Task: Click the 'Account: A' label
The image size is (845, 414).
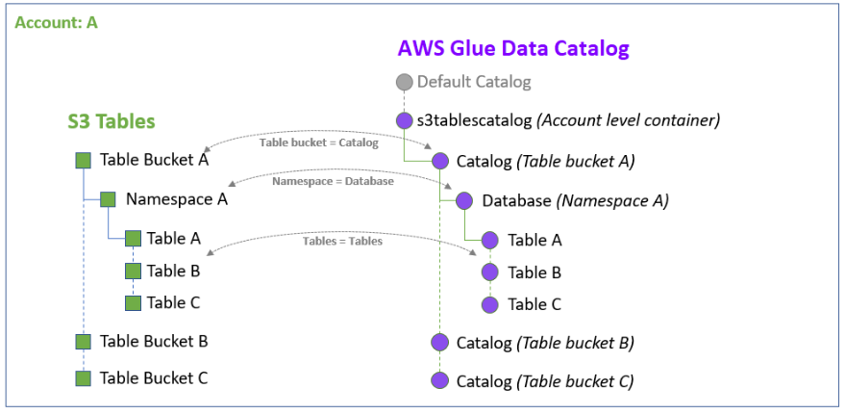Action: [x=57, y=22]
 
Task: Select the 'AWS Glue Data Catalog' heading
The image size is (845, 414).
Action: [x=514, y=48]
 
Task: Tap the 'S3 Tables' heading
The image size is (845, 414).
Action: [x=112, y=121]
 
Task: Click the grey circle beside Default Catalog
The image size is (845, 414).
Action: [x=405, y=83]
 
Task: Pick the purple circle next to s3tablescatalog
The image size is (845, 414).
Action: [x=405, y=121]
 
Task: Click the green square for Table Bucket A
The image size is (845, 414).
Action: [x=84, y=161]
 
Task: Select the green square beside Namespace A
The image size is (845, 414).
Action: [x=108, y=199]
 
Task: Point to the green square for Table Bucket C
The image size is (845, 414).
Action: [x=84, y=378]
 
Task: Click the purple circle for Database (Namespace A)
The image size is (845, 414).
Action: [x=464, y=201]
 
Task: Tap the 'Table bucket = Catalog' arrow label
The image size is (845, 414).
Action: [x=319, y=142]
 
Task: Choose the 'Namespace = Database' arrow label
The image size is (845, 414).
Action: [x=333, y=181]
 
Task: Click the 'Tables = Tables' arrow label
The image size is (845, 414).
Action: [x=342, y=241]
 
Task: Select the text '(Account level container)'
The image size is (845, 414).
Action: [x=628, y=121]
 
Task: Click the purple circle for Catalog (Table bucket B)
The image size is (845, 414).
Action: [x=440, y=343]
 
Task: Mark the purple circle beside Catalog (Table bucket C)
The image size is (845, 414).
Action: [x=440, y=381]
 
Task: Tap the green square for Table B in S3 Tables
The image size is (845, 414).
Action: [x=133, y=272]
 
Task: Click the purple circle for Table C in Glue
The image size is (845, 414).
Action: [x=490, y=304]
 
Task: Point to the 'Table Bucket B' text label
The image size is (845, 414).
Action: [x=154, y=341]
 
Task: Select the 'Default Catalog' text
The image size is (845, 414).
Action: [x=474, y=83]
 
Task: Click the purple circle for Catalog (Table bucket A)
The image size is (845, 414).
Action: [x=440, y=162]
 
